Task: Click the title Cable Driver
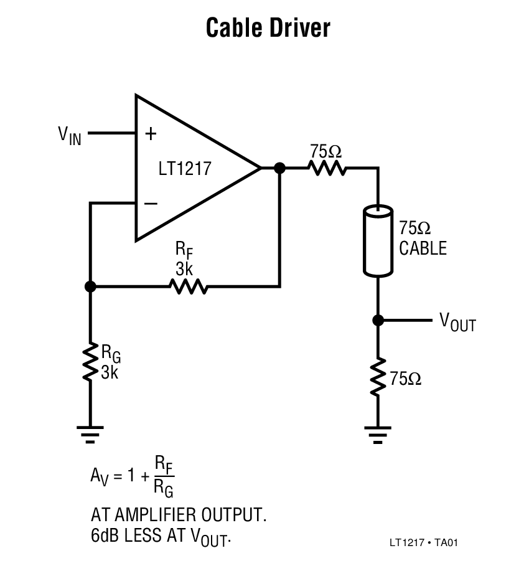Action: pos(268,28)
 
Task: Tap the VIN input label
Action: pos(69,134)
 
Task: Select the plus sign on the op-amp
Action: pos(150,133)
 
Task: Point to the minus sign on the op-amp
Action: pos(150,204)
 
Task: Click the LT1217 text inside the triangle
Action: pos(185,169)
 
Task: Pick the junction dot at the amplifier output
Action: pos(279,168)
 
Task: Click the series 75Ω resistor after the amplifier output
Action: pos(326,168)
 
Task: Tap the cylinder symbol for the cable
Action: pos(377,241)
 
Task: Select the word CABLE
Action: pos(423,248)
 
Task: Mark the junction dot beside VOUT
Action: pos(377,320)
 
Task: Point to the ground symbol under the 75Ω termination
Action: pos(377,433)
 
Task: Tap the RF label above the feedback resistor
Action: pos(184,250)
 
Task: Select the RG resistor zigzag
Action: pos(90,362)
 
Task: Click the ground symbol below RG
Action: pos(90,433)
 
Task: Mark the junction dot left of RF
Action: pos(90,286)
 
